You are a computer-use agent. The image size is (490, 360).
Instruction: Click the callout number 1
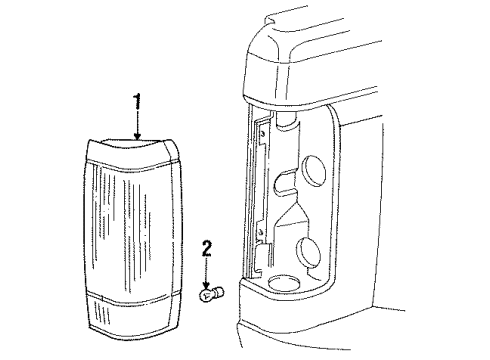137,101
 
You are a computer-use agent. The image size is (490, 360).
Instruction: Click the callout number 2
207,249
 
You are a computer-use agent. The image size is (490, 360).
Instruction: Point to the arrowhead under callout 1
137,136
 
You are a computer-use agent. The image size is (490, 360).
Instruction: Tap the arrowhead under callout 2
207,285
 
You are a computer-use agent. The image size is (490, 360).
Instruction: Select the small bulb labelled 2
211,294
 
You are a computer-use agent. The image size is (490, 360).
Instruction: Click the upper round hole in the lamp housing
314,171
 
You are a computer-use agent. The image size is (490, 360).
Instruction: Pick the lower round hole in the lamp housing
308,253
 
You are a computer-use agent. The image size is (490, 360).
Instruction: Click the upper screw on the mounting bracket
263,134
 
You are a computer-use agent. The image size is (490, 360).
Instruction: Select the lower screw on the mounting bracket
261,231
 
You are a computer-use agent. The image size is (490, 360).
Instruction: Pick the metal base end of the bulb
219,293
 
